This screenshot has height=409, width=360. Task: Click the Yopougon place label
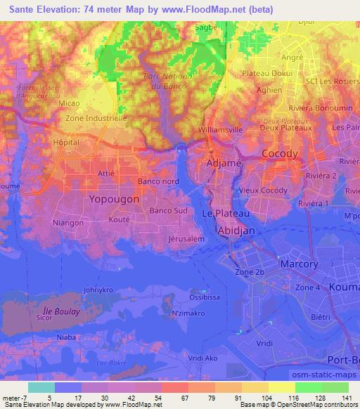[x=115, y=200]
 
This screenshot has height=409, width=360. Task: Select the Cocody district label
[x=280, y=153]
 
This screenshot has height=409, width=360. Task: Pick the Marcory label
[x=300, y=264]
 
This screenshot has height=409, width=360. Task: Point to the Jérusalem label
[x=186, y=239]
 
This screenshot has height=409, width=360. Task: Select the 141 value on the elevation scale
[x=345, y=398]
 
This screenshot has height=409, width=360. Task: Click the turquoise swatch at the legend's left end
[x=41, y=387]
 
